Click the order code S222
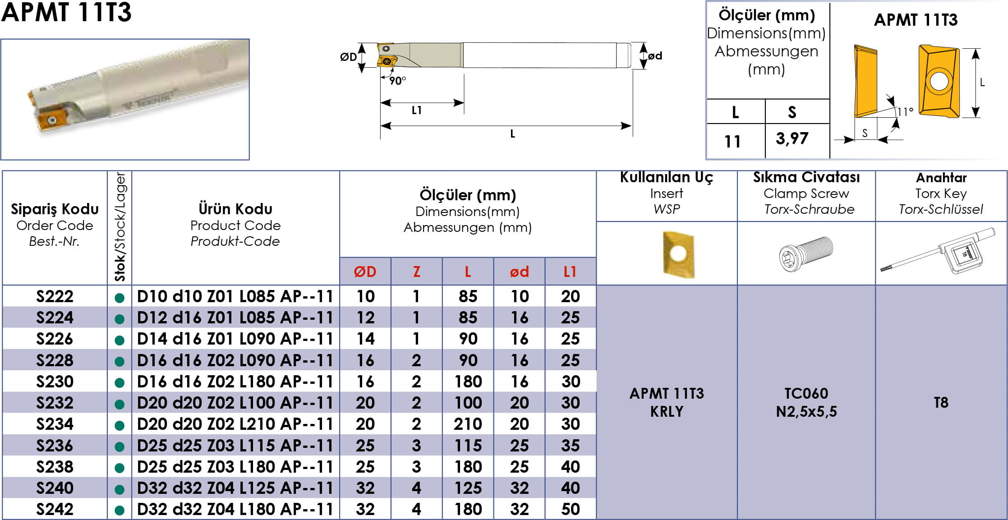click(x=55, y=296)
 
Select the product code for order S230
click(x=235, y=382)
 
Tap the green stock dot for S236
click(x=120, y=446)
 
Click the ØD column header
click(x=365, y=272)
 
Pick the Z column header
click(x=416, y=272)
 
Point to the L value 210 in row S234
click(x=468, y=424)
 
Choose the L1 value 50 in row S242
click(x=571, y=509)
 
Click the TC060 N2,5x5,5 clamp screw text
click(x=806, y=402)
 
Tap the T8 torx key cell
click(x=941, y=402)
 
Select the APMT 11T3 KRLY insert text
click(x=667, y=402)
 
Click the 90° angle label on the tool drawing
click(x=397, y=81)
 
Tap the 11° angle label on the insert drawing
click(x=905, y=111)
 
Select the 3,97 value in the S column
click(x=792, y=138)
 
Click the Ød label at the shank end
click(x=655, y=56)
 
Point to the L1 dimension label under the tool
click(x=416, y=110)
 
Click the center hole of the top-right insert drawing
click(x=939, y=82)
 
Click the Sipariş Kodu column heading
click(x=55, y=209)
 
